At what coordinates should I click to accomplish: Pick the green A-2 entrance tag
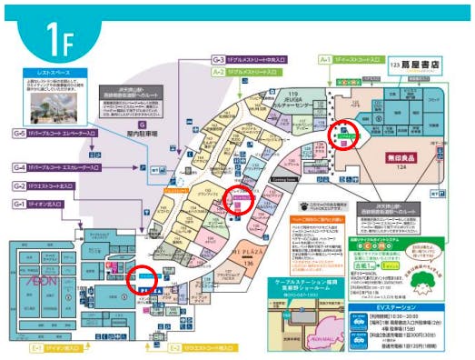coord(219,71)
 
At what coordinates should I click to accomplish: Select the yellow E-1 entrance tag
coord(37,347)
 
